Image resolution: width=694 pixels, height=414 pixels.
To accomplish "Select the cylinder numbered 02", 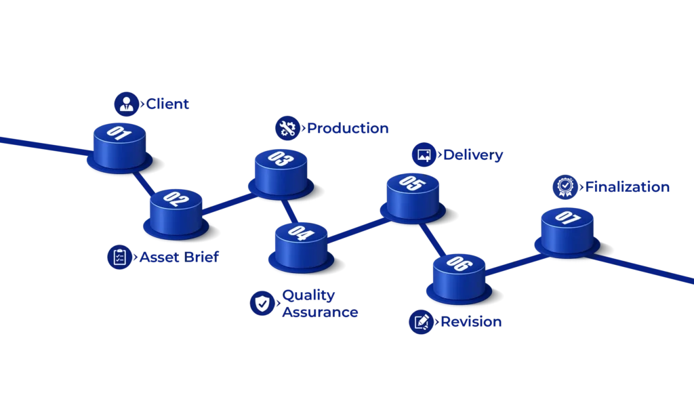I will [x=176, y=209].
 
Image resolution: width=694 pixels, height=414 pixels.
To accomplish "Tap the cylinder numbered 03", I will [x=281, y=169].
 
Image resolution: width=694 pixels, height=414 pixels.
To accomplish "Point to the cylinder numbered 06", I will [x=459, y=274].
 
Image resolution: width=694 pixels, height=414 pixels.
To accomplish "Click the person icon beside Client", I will [x=125, y=104].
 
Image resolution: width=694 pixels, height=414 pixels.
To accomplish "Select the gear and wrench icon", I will [x=286, y=128].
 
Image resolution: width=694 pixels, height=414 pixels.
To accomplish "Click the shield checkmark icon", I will [x=262, y=303].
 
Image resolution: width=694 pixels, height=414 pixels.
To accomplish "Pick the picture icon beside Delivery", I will [x=424, y=154].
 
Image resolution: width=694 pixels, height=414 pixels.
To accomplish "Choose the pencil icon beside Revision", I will [x=422, y=322].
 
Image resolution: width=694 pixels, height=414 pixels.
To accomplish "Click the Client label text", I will [x=168, y=104].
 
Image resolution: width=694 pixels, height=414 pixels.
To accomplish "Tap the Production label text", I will [x=349, y=128].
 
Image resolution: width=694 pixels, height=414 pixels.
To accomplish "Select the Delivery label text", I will [x=473, y=155].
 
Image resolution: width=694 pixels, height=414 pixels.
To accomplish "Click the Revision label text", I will [x=472, y=323].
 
